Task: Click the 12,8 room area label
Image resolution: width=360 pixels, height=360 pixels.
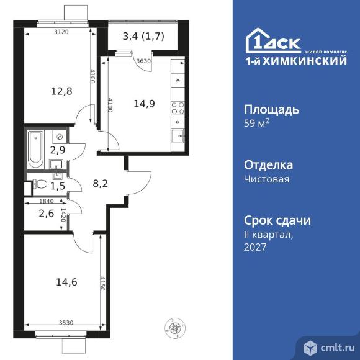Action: (x=61, y=91)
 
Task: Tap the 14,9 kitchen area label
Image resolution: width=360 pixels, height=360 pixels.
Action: (x=144, y=104)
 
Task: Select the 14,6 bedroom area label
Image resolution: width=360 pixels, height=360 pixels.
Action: (x=66, y=282)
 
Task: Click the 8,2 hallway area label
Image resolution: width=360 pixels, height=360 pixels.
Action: (x=101, y=184)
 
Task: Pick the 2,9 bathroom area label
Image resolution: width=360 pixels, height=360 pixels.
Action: (x=58, y=150)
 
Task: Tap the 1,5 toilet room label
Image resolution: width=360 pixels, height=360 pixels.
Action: (x=58, y=186)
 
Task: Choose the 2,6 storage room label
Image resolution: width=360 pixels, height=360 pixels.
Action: (x=47, y=214)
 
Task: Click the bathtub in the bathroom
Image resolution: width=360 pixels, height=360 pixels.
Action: (x=35, y=149)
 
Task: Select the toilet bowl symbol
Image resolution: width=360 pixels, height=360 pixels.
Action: (x=40, y=184)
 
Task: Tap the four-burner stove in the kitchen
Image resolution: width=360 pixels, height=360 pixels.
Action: (x=178, y=109)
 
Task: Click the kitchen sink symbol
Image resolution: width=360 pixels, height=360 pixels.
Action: (x=178, y=136)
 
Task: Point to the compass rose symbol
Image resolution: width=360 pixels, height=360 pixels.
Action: (x=175, y=328)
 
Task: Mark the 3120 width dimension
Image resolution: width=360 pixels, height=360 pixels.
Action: (x=61, y=32)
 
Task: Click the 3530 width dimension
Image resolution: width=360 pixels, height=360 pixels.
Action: (x=66, y=322)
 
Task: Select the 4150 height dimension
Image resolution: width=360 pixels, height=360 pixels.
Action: (x=102, y=283)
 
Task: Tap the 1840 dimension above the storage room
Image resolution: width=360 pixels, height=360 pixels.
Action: (x=47, y=201)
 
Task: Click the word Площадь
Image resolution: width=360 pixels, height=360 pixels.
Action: (x=272, y=110)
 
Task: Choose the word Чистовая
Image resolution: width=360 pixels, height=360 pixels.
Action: (x=266, y=179)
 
